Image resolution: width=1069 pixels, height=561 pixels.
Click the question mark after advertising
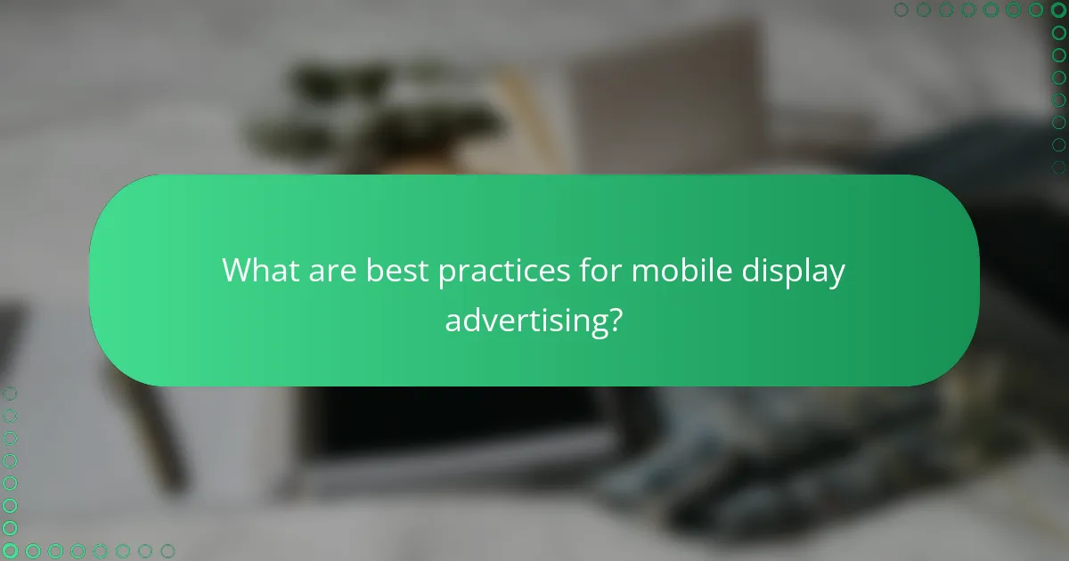[x=612, y=317]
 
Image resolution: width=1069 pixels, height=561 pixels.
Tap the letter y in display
[x=836, y=275]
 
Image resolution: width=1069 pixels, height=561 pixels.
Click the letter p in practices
[x=446, y=274]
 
